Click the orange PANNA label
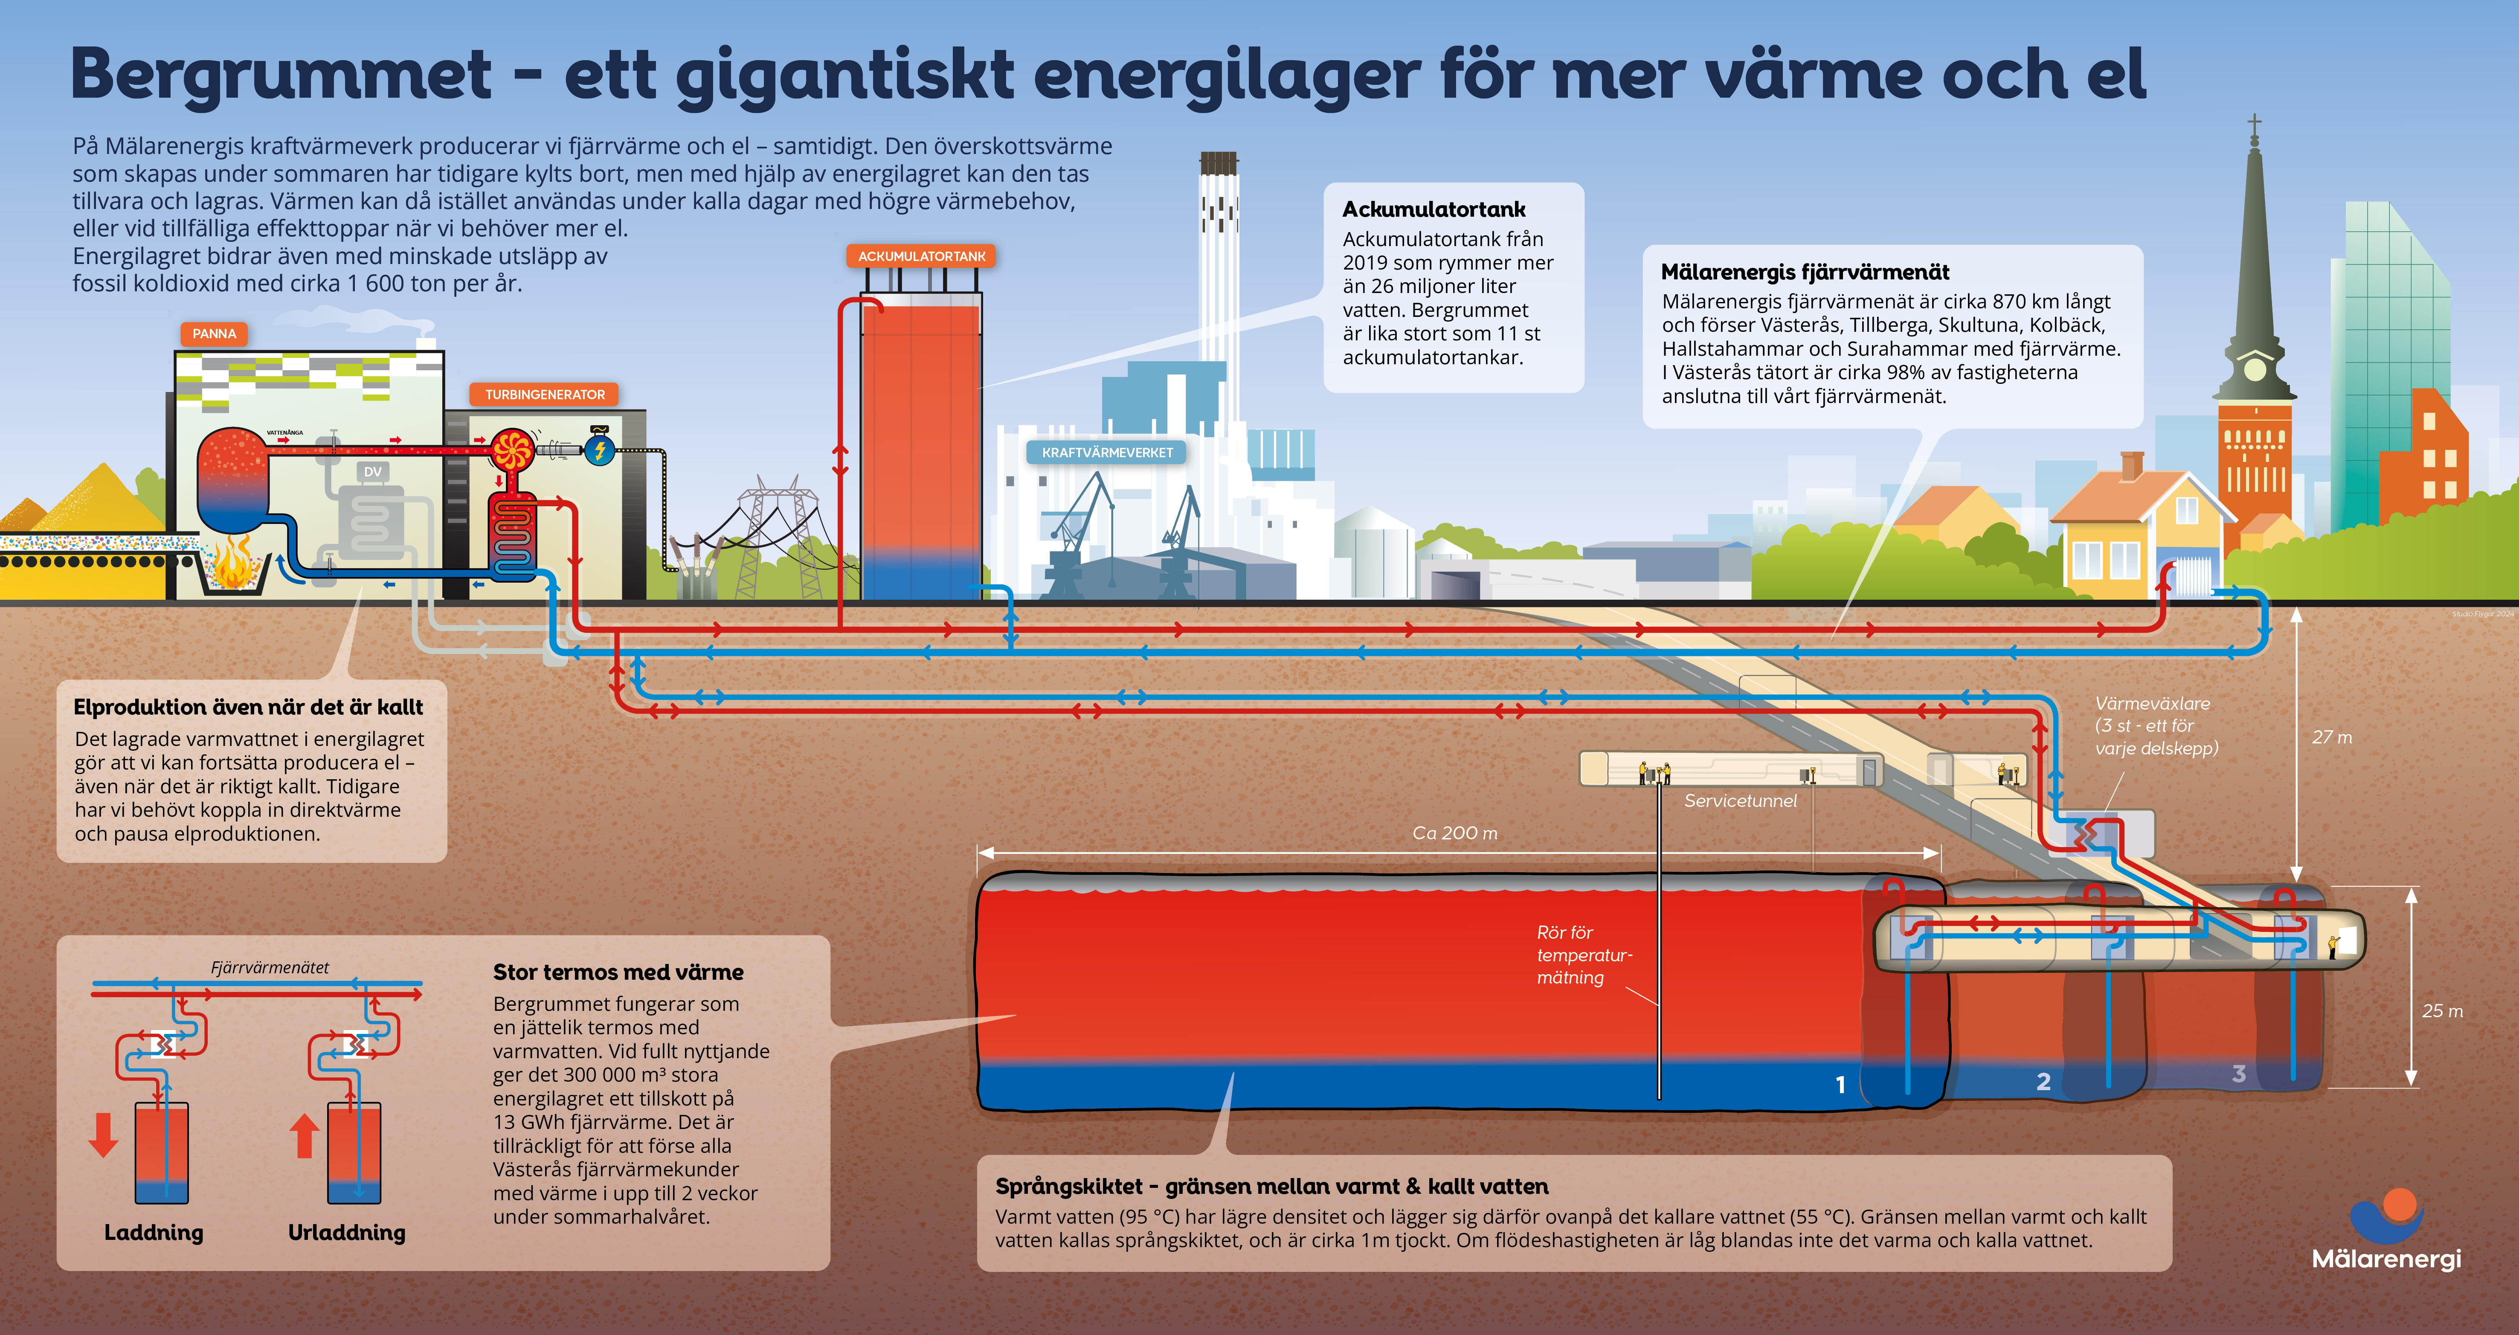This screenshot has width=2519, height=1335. point(214,334)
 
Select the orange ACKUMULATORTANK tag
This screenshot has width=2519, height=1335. point(921,256)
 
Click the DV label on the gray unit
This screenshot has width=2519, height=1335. point(373,471)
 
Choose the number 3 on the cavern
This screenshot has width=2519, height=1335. point(2238,1074)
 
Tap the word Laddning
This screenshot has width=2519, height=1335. point(154,1232)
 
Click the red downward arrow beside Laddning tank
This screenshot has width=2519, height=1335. point(104,1135)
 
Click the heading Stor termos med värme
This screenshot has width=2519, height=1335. point(618,972)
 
